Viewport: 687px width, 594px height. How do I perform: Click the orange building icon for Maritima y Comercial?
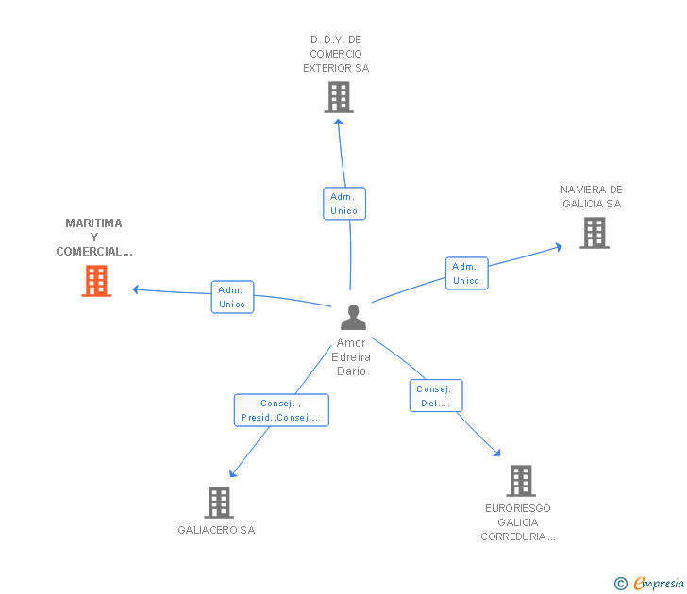click(96, 281)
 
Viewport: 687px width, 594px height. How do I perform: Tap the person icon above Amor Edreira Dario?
click(353, 317)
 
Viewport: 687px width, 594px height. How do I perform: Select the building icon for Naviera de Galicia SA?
click(594, 233)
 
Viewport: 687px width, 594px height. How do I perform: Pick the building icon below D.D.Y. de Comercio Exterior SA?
click(338, 97)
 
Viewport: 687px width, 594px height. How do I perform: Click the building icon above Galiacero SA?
click(218, 503)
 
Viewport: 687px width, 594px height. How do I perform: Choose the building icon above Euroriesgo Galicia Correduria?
click(520, 481)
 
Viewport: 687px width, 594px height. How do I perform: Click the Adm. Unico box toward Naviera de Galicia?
click(466, 273)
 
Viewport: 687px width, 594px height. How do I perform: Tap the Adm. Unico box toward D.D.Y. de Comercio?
click(344, 204)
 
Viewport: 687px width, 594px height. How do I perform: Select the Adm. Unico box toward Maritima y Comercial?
click(232, 297)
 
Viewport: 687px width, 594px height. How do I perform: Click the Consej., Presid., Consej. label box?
click(281, 410)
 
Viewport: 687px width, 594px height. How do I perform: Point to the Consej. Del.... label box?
click(436, 396)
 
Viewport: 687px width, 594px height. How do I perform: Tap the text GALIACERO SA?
click(216, 530)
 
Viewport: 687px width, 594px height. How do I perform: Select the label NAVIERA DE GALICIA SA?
click(592, 196)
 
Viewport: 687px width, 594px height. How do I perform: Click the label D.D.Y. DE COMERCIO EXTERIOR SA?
click(336, 54)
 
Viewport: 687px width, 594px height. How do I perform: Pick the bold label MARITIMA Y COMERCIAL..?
click(94, 238)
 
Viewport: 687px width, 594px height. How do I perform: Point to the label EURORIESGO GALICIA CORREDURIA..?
click(518, 522)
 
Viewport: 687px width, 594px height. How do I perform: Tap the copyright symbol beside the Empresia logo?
click(621, 584)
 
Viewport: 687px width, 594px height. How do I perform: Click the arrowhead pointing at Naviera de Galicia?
click(559, 247)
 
